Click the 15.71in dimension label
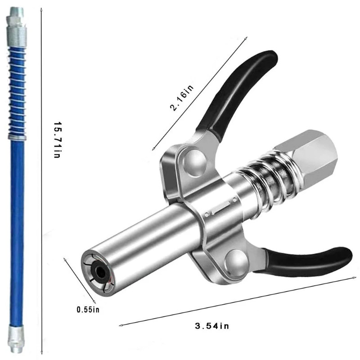pos(57,139)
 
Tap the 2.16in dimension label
pos(182,98)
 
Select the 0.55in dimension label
pos(88,310)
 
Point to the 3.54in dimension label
pos(211,326)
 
